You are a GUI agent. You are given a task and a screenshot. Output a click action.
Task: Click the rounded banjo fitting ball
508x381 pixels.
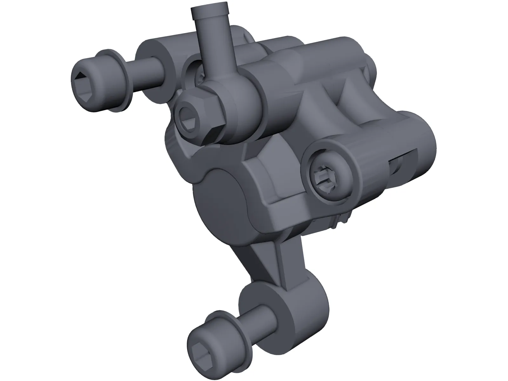pyautogui.click(x=241, y=102)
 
